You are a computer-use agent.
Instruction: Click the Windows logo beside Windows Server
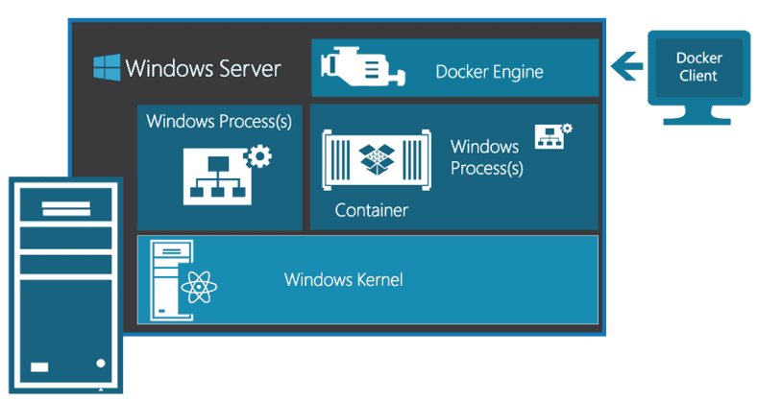(x=107, y=68)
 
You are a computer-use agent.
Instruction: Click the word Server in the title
(x=249, y=68)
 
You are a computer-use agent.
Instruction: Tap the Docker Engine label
(x=489, y=72)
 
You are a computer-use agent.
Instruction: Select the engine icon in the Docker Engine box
(x=356, y=68)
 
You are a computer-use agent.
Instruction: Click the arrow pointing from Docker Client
(x=625, y=66)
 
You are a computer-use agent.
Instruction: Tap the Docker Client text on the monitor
(x=698, y=66)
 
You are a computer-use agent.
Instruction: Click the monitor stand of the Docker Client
(x=698, y=118)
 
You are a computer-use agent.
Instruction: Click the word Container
(x=372, y=210)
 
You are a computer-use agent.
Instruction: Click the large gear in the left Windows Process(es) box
(x=258, y=155)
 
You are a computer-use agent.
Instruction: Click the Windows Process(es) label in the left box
(x=219, y=122)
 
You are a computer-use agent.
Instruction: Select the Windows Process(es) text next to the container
(x=486, y=157)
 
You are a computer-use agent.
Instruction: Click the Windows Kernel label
(x=343, y=280)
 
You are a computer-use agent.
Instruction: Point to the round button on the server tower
(x=101, y=364)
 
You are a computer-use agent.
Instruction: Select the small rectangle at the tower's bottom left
(x=38, y=366)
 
